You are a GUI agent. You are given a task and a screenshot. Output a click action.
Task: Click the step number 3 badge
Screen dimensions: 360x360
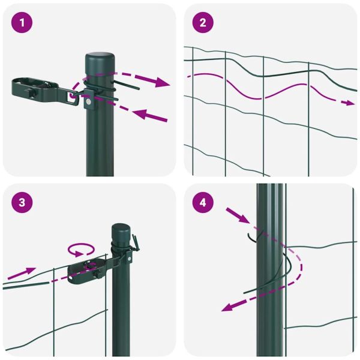pyautogui.click(x=22, y=203)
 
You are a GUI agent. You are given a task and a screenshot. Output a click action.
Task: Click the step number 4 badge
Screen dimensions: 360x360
pyautogui.click(x=203, y=203)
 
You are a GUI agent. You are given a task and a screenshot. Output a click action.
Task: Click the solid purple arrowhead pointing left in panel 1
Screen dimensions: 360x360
pyautogui.click(x=137, y=113)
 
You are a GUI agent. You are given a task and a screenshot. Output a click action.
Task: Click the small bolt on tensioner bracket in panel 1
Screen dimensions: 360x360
pyautogui.click(x=88, y=103)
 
